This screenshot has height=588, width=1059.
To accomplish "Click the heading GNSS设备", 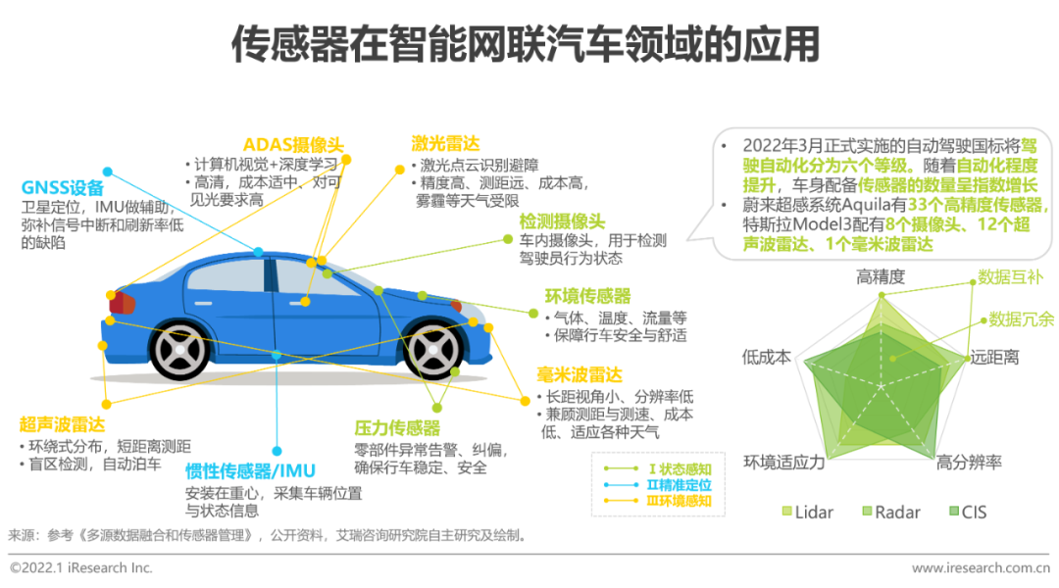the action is click(x=63, y=188).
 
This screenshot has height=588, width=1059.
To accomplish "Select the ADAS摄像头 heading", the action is click(x=294, y=144).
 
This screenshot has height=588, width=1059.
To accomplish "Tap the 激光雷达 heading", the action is click(x=446, y=143).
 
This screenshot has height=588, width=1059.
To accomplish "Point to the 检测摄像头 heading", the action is click(x=562, y=221).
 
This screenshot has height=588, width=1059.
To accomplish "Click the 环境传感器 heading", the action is click(x=587, y=296).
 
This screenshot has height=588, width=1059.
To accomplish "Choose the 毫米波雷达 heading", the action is click(x=580, y=374).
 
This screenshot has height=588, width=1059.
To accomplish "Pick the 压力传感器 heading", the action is click(x=397, y=427).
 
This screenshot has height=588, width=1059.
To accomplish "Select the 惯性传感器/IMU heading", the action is click(x=251, y=470).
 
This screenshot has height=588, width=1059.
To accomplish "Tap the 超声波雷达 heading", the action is click(x=62, y=424).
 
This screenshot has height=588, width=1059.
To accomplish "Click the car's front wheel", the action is click(x=433, y=351).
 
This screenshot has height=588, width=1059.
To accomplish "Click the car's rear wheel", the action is click(x=179, y=351).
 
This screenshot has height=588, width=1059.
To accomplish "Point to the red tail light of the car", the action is click(x=123, y=302).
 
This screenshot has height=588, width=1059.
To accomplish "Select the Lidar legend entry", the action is click(x=808, y=513).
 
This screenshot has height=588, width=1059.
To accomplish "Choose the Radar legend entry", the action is click(x=890, y=513).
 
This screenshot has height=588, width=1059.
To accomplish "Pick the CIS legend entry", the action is click(x=968, y=513).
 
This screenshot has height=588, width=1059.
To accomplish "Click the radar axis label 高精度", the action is click(x=880, y=276).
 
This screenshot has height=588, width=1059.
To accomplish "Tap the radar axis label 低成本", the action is click(x=767, y=357).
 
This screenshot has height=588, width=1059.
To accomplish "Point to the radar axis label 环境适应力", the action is click(x=784, y=463).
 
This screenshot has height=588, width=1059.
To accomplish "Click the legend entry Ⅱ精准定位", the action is click(x=657, y=485).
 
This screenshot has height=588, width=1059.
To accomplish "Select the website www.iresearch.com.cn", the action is click(x=981, y=567).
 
